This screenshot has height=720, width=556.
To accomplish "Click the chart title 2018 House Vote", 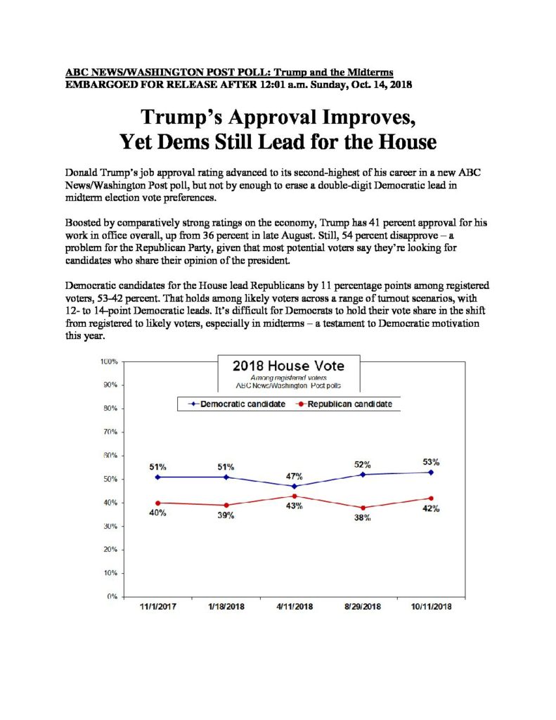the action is point(288,366).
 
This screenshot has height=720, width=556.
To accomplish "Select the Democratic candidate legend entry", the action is point(237,404).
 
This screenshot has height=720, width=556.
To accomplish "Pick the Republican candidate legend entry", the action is point(344,404).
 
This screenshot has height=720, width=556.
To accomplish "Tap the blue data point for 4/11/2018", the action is point(295,487).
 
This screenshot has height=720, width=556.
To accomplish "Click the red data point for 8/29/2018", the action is point(363,508).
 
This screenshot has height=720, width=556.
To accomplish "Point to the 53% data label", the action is point(431,462).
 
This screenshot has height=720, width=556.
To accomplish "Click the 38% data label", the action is point(362,517).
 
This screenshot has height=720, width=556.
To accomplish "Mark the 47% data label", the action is point(295,476).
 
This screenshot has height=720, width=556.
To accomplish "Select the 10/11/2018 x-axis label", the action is point(431,607).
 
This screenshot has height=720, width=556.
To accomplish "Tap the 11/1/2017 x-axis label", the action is point(158,607).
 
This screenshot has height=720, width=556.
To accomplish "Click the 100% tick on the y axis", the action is point(109,361).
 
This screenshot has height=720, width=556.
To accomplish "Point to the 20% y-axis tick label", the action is point(110,549).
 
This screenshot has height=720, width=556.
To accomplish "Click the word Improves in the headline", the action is point(369,117).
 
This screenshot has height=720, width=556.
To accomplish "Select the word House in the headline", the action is point(407,141).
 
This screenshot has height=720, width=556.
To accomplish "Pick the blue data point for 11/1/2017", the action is point(158,477).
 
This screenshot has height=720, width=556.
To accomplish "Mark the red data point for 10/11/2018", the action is point(431,499).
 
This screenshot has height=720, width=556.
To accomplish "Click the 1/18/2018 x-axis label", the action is point(226,607).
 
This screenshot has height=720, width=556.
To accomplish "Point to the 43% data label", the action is point(295,506).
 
